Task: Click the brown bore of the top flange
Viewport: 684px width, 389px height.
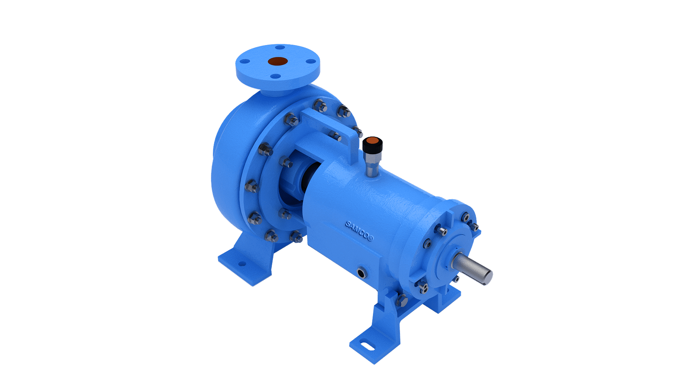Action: pos(277,62)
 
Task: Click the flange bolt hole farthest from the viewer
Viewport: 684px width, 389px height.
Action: pos(279,47)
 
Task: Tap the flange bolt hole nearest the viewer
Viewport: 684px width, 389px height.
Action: pos(275,76)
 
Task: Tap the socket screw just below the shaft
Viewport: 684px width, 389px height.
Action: pos(456,279)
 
